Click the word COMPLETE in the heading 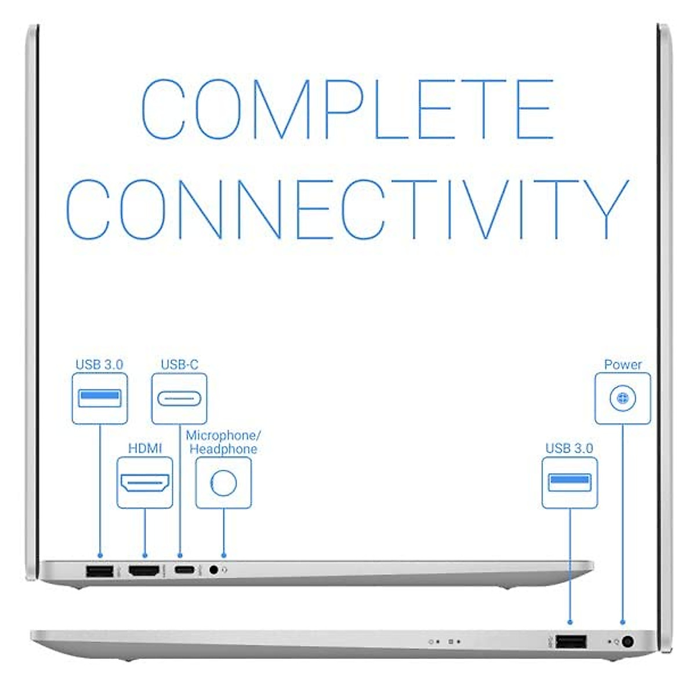coord(347,109)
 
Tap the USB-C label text coord(179,364)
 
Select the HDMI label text coord(145,448)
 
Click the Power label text coord(623,364)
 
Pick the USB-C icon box coord(179,398)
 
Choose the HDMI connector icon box coord(145,483)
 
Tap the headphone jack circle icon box coord(224,483)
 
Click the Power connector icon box coord(623,398)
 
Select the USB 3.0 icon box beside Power coord(570,483)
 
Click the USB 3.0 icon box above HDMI coord(99,398)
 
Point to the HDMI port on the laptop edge coord(144,571)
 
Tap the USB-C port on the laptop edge coord(186,570)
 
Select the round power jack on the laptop coord(627,642)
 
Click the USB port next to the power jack coord(571,641)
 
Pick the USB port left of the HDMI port coord(99,571)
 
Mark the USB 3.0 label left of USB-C coord(99,364)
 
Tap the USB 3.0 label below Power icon coord(569,448)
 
